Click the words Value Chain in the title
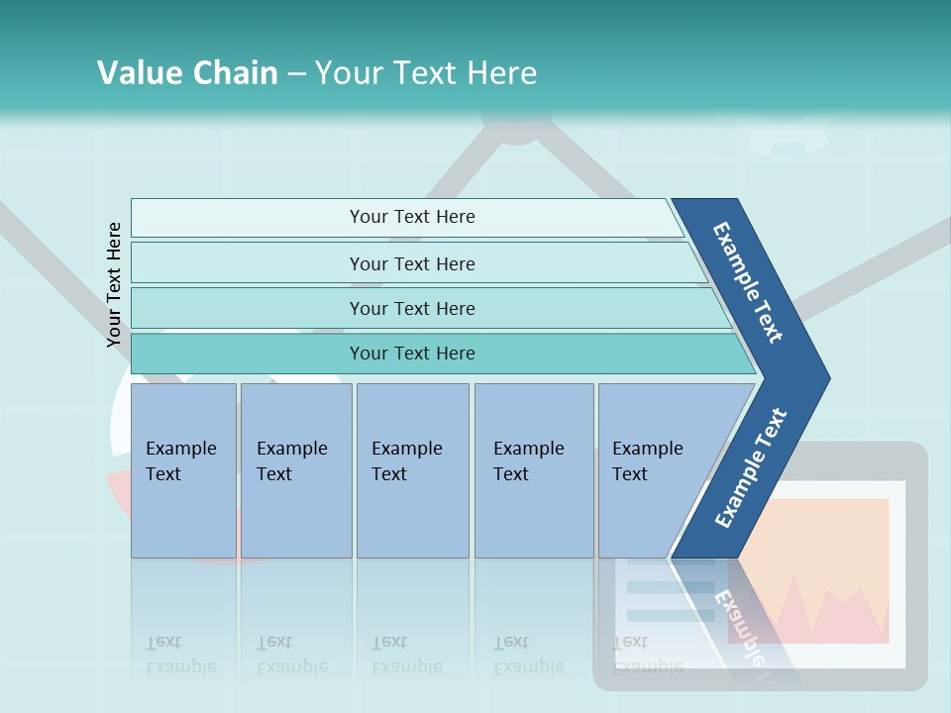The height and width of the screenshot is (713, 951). coord(187,72)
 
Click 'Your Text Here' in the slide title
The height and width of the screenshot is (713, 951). coord(426,72)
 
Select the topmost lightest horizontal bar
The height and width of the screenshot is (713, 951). coord(412,217)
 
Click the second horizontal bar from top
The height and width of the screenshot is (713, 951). coord(412,263)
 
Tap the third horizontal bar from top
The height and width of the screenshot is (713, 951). coord(412,308)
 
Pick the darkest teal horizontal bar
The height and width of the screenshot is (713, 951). coord(412,354)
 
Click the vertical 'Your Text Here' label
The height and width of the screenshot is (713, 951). coord(114,285)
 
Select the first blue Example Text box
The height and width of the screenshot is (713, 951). coord(183,470)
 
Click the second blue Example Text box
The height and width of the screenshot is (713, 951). coord(295,470)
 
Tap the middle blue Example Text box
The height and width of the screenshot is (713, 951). coord(412,470)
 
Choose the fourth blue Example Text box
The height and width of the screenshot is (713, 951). coord(533,470)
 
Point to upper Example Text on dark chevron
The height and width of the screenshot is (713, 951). coord(748,283)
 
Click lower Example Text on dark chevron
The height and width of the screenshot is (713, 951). coord(750,467)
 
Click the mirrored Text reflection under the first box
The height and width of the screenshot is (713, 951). coord(163,643)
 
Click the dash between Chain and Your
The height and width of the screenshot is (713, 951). coord(296,73)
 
